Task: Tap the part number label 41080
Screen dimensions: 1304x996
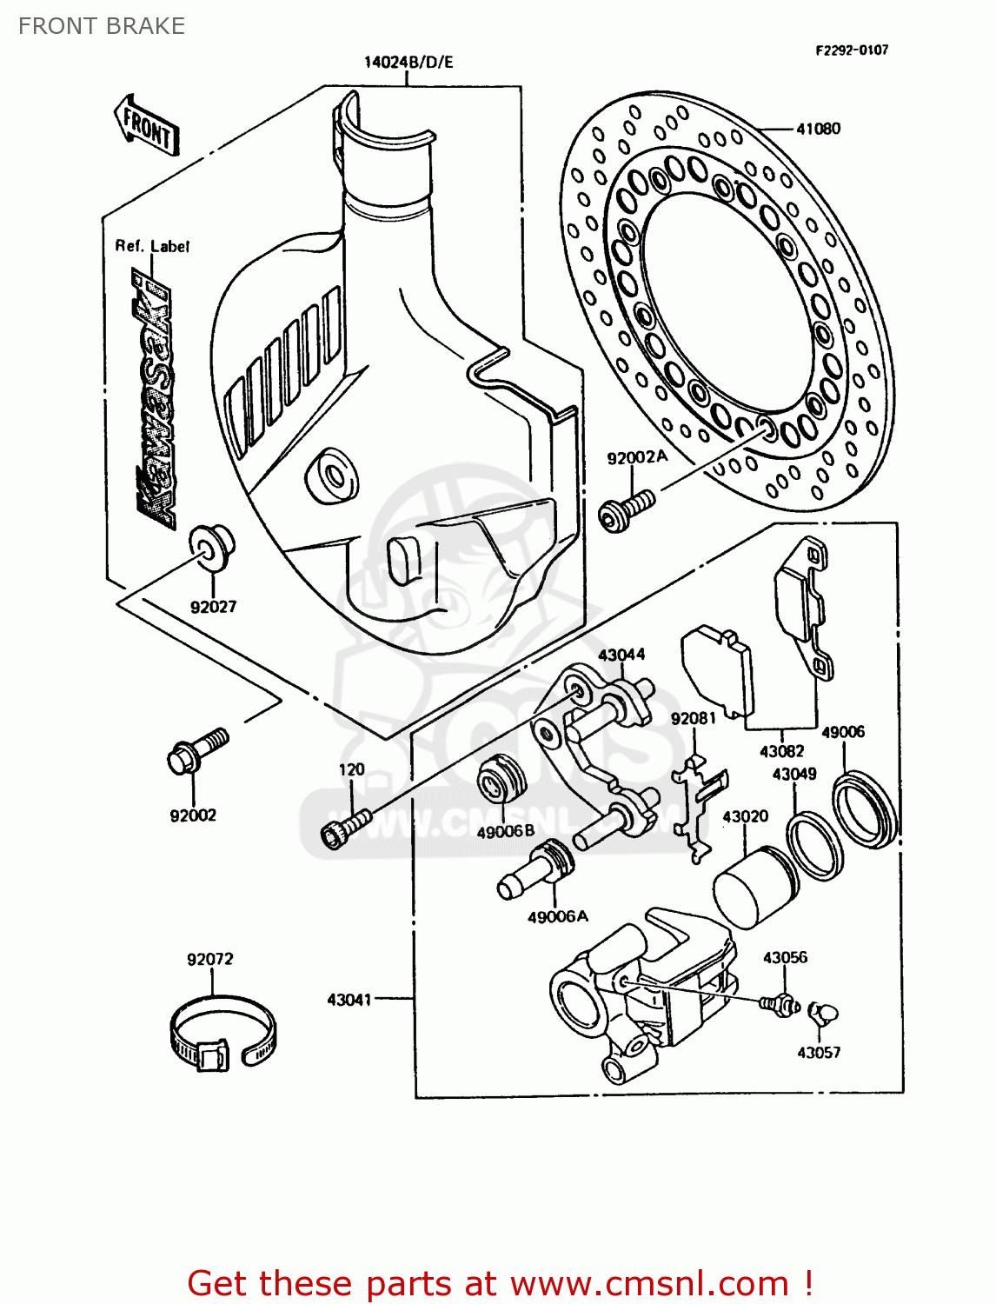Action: (818, 129)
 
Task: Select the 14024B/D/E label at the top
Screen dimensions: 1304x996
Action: (408, 62)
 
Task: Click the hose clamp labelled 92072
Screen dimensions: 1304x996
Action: (222, 1035)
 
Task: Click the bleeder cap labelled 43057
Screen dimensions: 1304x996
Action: (823, 1014)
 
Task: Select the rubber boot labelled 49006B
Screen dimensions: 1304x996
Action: (501, 779)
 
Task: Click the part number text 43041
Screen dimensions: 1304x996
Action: (349, 1000)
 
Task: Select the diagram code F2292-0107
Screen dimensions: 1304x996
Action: (851, 50)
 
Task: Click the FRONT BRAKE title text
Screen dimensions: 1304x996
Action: (102, 26)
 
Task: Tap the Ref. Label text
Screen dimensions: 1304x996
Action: (152, 246)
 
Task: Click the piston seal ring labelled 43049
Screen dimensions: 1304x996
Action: (815, 844)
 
